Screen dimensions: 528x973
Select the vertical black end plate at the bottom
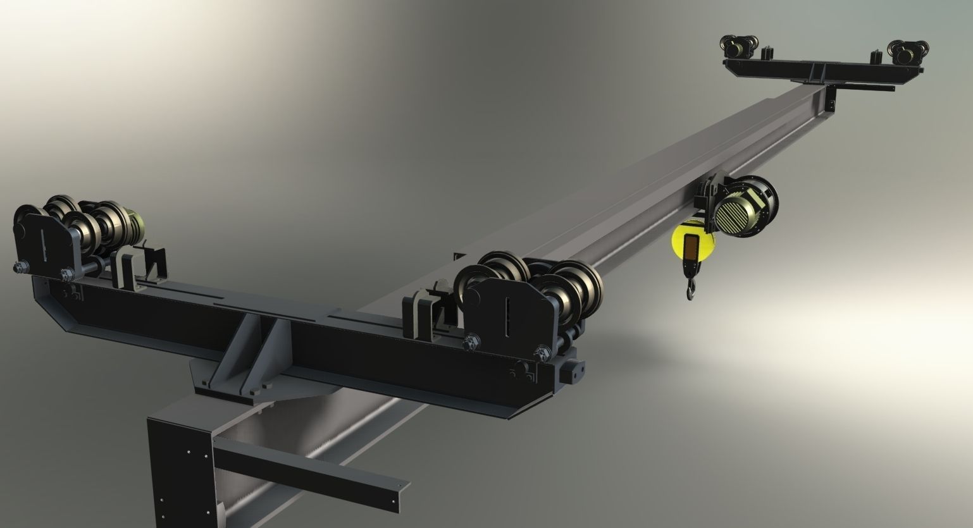180,468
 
